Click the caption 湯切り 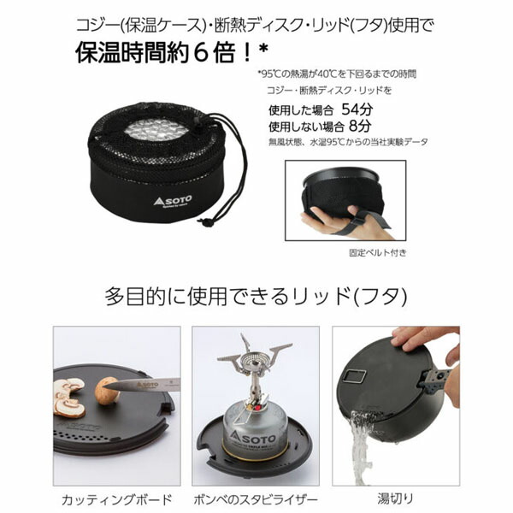(398, 498)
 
